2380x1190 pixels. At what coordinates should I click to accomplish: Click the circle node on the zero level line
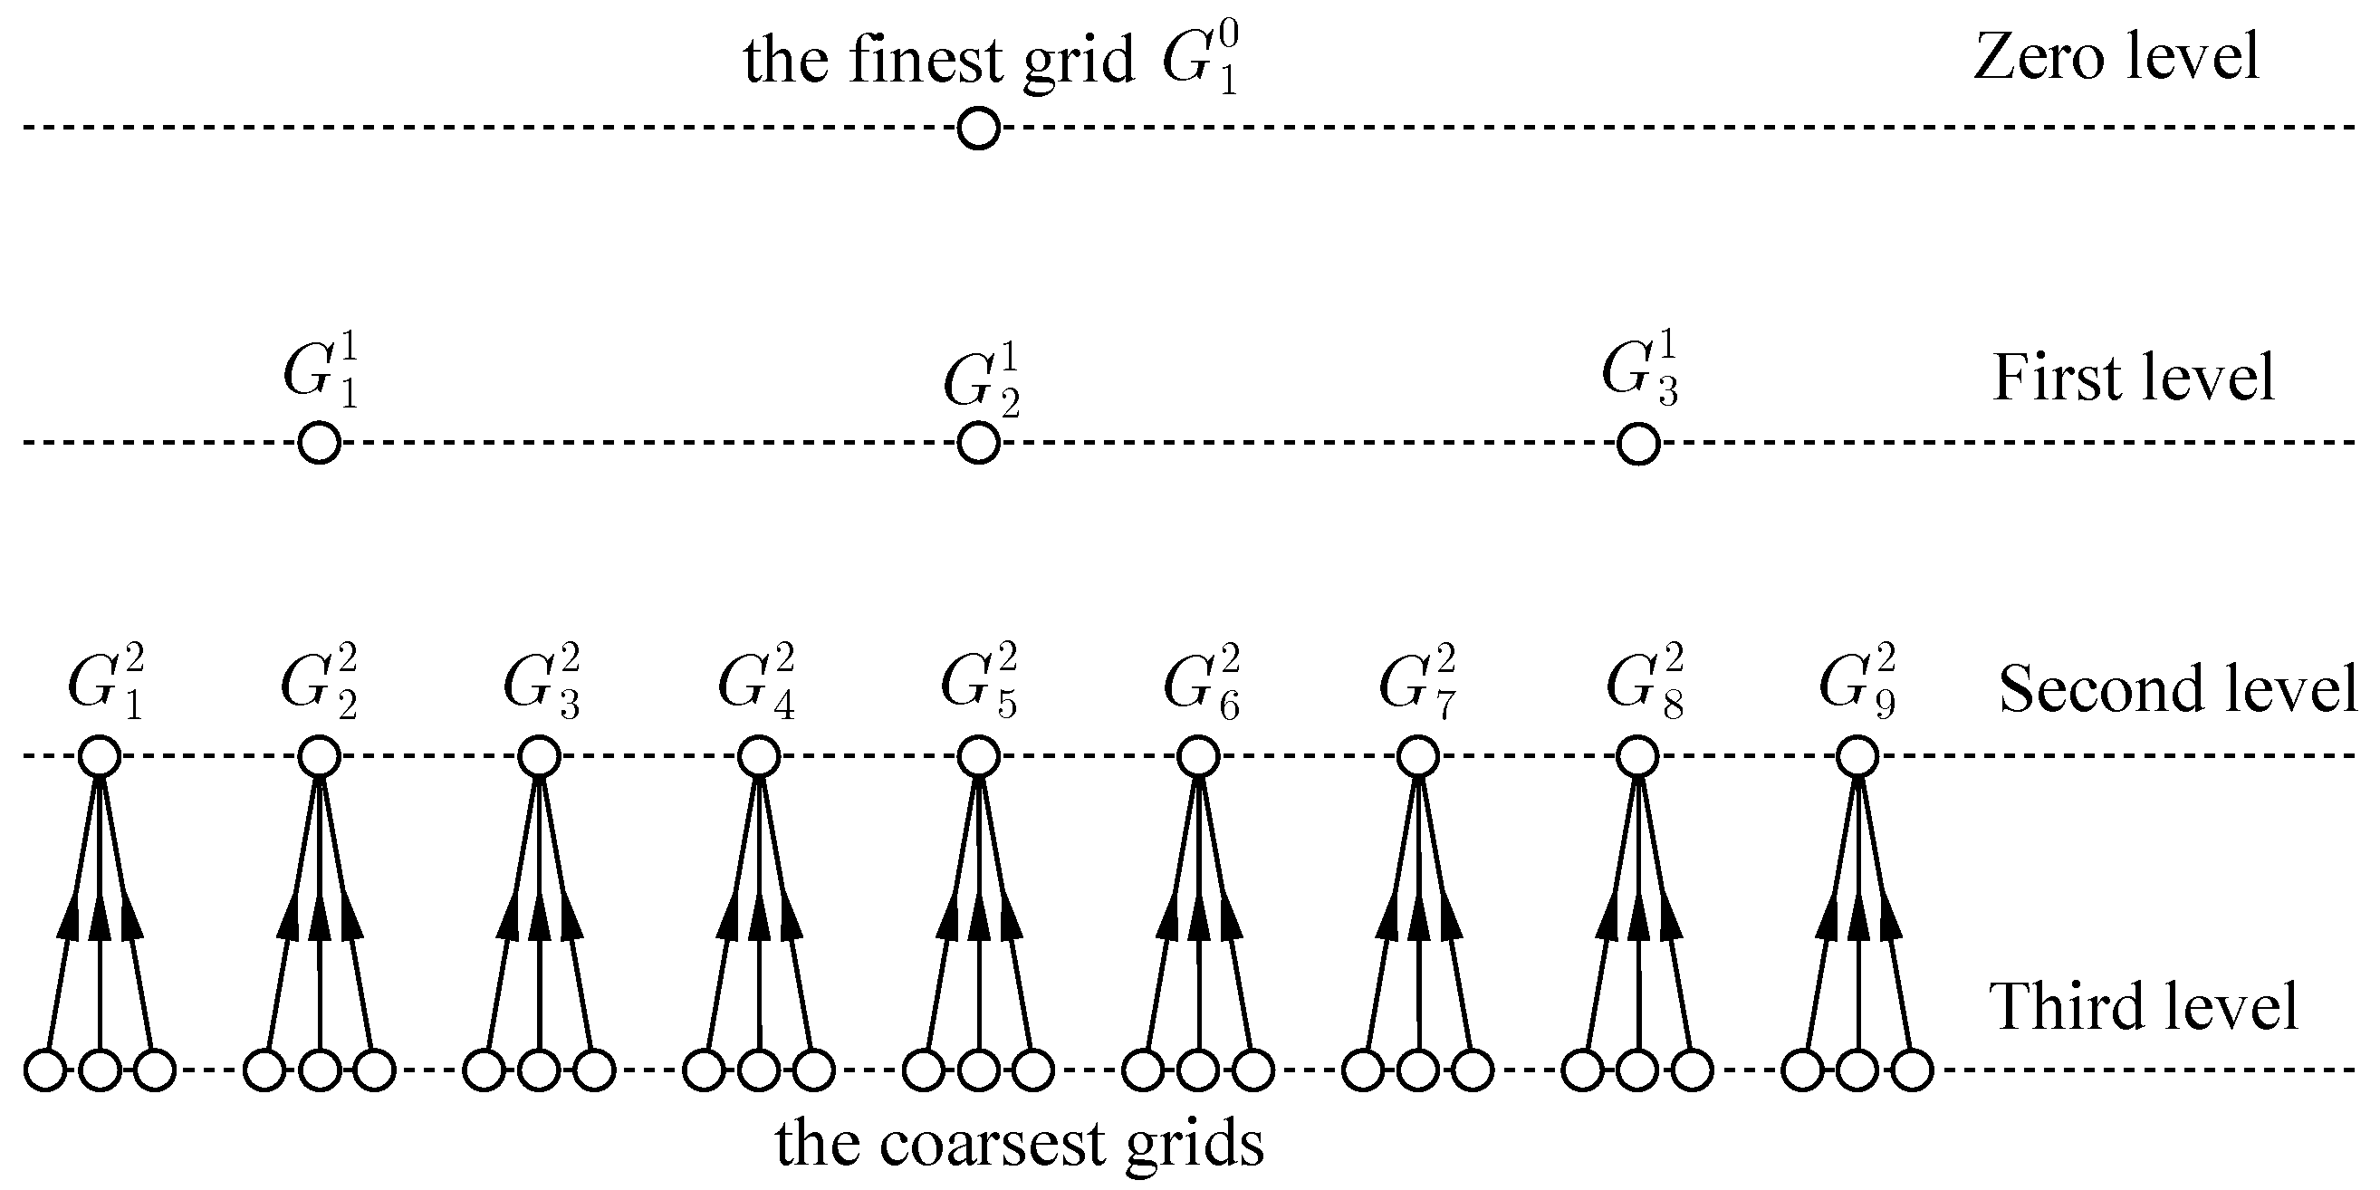[x=978, y=128]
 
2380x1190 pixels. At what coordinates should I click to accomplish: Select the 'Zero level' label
[x=2116, y=57]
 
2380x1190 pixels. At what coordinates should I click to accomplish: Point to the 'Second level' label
[x=2177, y=689]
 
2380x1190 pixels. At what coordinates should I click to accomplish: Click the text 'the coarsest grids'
[x=1019, y=1144]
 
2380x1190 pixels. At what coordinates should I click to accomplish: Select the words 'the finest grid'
[x=937, y=61]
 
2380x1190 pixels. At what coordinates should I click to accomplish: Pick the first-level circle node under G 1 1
[x=320, y=443]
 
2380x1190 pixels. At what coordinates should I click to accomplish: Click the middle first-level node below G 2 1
[x=978, y=443]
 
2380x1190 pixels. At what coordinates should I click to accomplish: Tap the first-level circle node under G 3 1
[x=1638, y=444]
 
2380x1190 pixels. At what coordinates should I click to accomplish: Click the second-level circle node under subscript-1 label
[x=100, y=757]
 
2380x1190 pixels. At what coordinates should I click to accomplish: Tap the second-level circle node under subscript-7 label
[x=1418, y=757]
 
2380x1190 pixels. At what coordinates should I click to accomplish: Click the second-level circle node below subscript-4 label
[x=760, y=757]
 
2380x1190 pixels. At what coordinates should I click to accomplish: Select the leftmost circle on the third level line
[x=45, y=1070]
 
